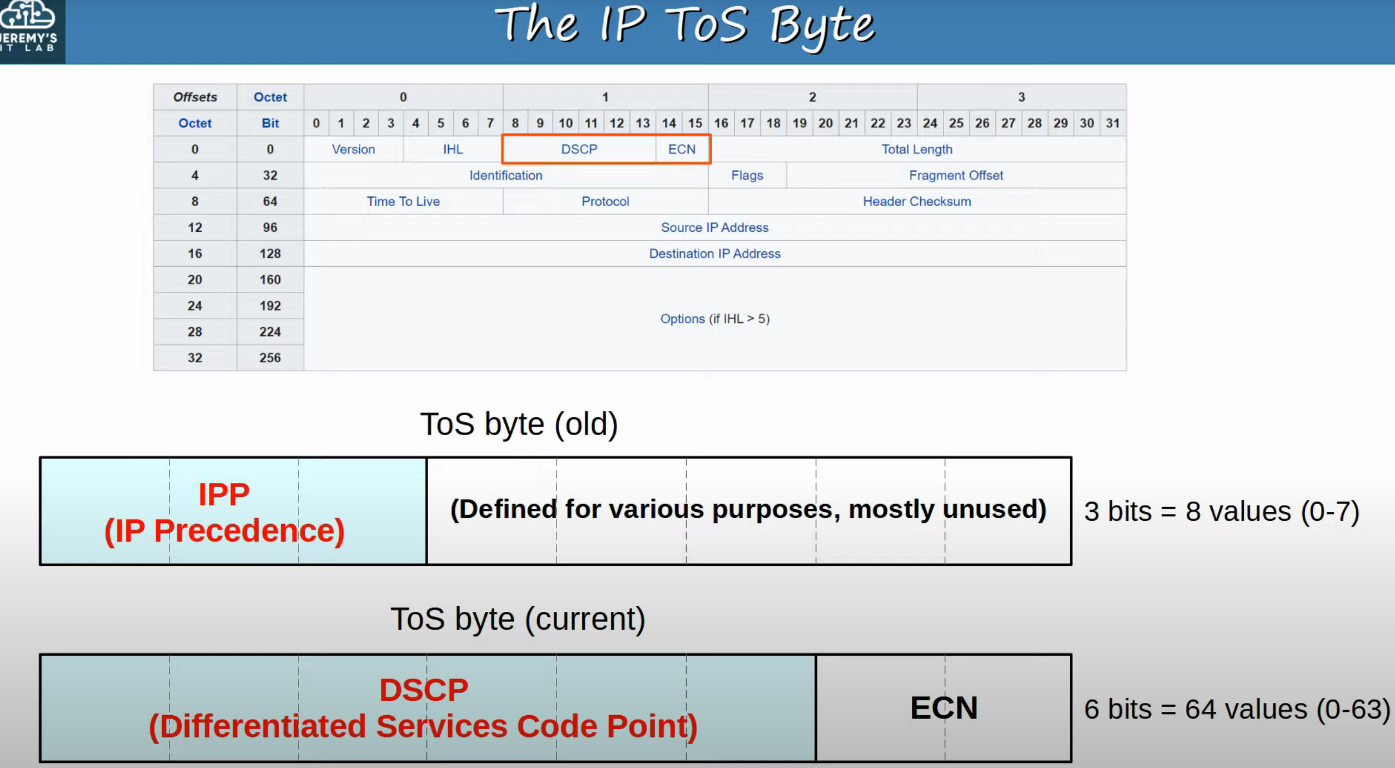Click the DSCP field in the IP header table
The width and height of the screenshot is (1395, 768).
click(579, 149)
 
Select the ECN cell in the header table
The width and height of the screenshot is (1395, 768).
click(682, 149)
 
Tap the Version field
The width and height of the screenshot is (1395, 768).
click(354, 149)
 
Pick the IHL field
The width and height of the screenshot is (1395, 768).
click(453, 149)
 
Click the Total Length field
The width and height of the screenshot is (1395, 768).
click(917, 149)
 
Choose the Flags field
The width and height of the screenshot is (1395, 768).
click(747, 175)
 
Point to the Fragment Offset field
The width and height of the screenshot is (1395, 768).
click(956, 175)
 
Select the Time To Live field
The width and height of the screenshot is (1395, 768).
click(403, 201)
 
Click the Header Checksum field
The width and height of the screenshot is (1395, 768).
click(917, 201)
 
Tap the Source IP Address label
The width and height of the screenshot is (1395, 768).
click(714, 227)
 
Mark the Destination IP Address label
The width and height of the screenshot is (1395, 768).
click(714, 253)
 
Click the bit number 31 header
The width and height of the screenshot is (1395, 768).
click(1113, 123)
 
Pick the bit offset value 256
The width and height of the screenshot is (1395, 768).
click(270, 357)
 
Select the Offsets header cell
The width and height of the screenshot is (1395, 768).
click(195, 97)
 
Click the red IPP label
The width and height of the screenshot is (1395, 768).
click(224, 512)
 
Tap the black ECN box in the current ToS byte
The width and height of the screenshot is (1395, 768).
click(944, 707)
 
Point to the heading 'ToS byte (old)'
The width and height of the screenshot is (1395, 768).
click(519, 424)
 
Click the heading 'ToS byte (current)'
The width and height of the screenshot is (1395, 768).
click(518, 619)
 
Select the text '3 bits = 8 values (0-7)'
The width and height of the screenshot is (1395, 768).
click(1222, 511)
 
